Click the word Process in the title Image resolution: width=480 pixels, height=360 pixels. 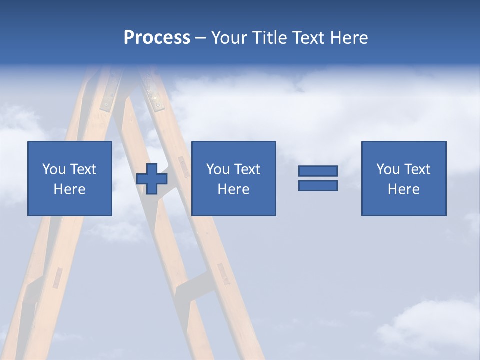(x=157, y=38)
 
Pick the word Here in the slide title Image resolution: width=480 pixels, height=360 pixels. (x=350, y=38)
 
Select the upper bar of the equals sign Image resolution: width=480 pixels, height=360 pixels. (x=318, y=171)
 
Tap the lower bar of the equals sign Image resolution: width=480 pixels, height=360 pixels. (x=318, y=185)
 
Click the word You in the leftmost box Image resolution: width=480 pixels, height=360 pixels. (x=54, y=169)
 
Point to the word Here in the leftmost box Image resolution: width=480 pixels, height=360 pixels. (x=69, y=189)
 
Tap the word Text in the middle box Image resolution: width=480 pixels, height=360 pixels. (x=246, y=169)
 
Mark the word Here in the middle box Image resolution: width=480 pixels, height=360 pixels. (x=233, y=189)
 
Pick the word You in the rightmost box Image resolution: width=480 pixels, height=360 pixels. (x=388, y=169)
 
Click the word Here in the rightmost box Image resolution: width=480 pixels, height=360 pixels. (x=403, y=189)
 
